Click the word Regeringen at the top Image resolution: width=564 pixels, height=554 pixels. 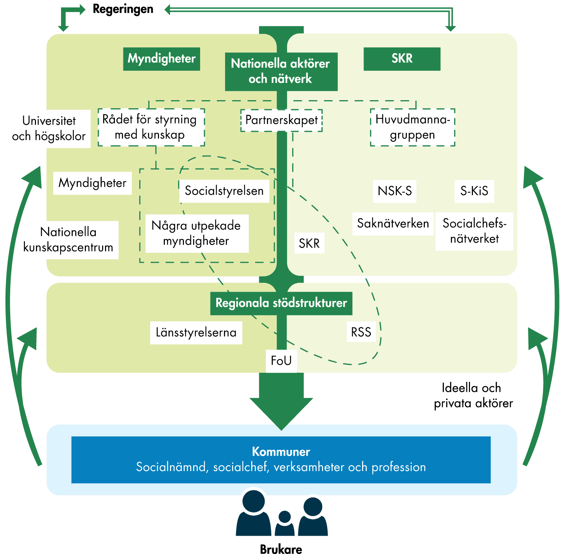click(123, 9)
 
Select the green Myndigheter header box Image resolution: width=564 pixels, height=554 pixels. click(162, 59)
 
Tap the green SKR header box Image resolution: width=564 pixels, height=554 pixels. click(402, 59)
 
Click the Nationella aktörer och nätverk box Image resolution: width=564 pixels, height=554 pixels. click(281, 71)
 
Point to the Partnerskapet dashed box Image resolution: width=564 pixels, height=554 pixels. click(281, 120)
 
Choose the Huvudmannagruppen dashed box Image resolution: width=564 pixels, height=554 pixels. click(412, 127)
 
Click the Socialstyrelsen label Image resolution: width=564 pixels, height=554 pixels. click(224, 191)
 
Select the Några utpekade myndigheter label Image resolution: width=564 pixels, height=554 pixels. click(196, 233)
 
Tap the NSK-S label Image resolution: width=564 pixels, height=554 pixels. click(395, 191)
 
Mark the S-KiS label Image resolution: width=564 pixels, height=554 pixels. click(474, 191)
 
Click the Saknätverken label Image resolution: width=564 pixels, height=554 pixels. click(393, 223)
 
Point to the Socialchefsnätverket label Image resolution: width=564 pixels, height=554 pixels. click(474, 231)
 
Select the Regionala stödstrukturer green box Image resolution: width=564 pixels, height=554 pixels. click(281, 303)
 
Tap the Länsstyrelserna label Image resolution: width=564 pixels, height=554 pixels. click(196, 332)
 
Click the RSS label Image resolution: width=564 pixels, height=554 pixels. click(361, 332)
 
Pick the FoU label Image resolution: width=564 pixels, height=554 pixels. click(281, 361)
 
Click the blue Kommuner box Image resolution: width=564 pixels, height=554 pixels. click(281, 459)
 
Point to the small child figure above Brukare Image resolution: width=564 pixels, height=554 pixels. click(285, 523)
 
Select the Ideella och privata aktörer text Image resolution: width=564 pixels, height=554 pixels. click(473, 396)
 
